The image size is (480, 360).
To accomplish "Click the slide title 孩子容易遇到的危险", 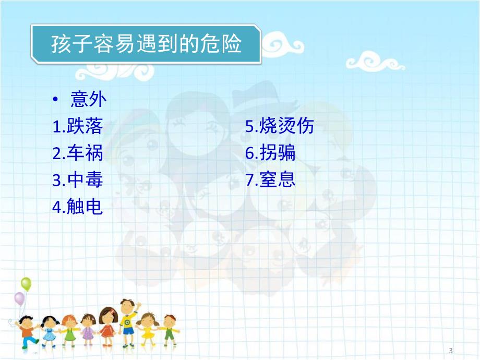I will pyautogui.click(x=146, y=44).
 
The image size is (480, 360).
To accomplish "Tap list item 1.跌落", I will pyautogui.click(x=78, y=126).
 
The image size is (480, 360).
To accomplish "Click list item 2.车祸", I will pyautogui.click(x=78, y=153).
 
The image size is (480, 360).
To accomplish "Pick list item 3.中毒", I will pyautogui.click(x=78, y=181).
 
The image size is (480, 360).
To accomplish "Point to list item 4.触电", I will pyautogui.click(x=78, y=208).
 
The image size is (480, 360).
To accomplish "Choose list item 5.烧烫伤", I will pyautogui.click(x=280, y=126).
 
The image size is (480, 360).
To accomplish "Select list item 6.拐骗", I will pyautogui.click(x=270, y=153).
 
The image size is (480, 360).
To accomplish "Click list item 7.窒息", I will pyautogui.click(x=270, y=181).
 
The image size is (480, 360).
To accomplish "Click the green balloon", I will pyautogui.click(x=26, y=284).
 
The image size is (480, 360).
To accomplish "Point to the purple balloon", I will pyautogui.click(x=19, y=299).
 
